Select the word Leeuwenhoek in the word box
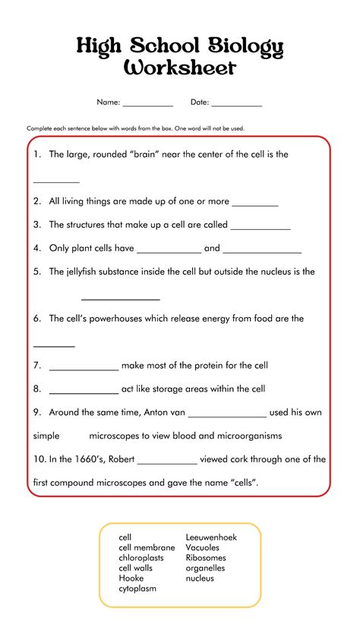pos(211,537)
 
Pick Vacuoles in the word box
pos(203,547)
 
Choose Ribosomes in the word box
pos(205,558)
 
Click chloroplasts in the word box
pos(142,558)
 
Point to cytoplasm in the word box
pos(137,588)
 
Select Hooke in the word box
pos(131,578)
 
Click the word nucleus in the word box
pos(200,578)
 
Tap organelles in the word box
pos(205,568)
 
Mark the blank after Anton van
pos(227,414)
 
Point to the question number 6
pos(36,319)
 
